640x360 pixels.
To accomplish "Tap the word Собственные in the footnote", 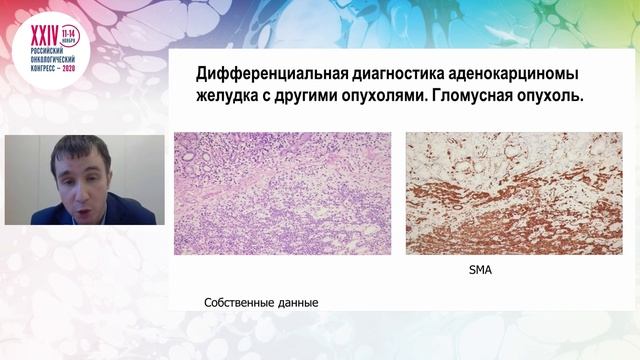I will [239, 302].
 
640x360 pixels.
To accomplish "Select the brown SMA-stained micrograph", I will [513, 193].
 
